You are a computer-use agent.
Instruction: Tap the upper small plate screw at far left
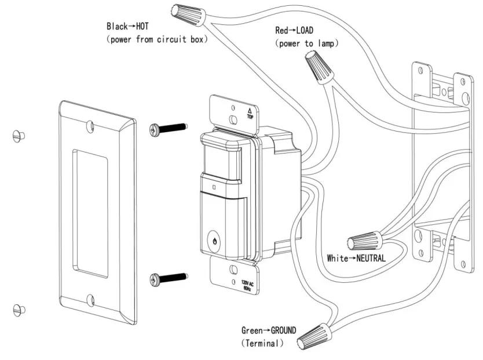(19, 136)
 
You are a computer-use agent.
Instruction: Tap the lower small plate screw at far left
(19, 308)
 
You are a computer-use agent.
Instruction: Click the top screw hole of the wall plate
(91, 124)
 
